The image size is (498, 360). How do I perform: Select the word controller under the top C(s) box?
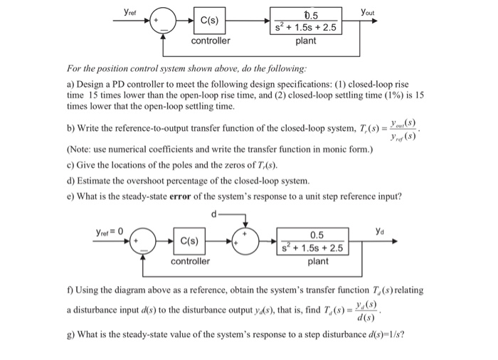211,41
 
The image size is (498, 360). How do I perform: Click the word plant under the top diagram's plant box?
306,41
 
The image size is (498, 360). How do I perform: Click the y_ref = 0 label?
110,231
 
